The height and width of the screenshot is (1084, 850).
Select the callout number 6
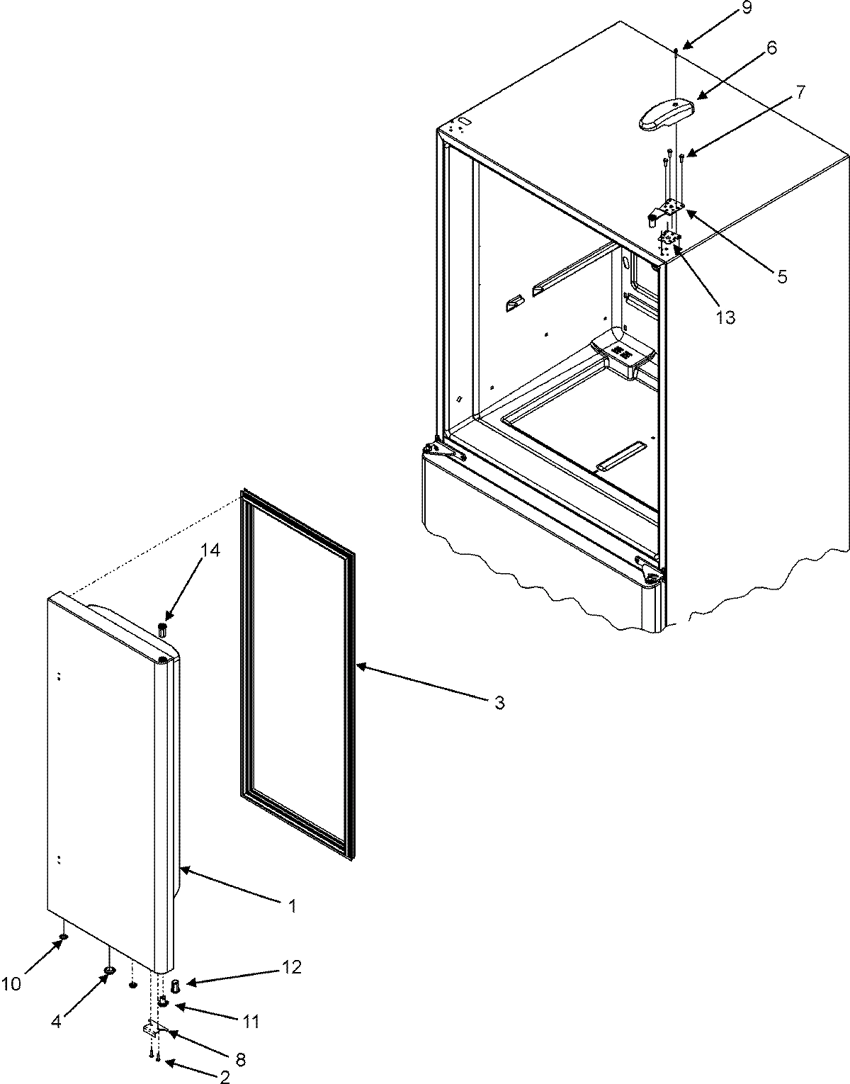[x=751, y=48]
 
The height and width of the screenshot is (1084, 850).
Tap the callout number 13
[x=725, y=317]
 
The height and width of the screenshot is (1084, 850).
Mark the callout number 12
[x=291, y=967]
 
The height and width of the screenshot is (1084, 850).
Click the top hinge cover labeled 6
[x=665, y=114]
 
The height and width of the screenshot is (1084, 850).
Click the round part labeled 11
[x=162, y=1002]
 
